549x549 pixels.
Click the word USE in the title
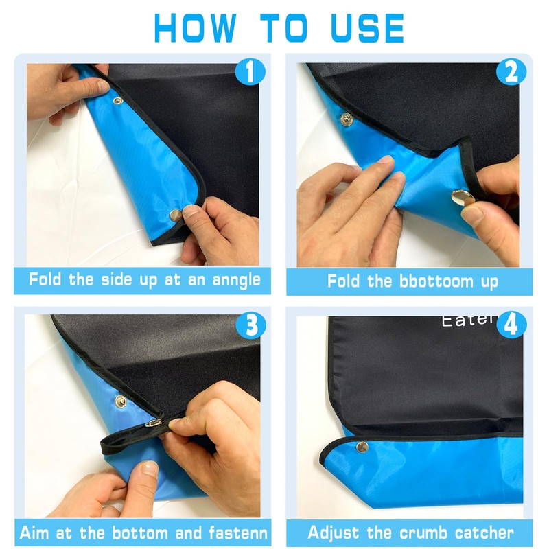click(x=367, y=28)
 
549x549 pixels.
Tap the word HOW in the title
click(x=195, y=28)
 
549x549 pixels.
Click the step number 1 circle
click(x=250, y=72)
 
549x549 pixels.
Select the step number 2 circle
click(x=511, y=72)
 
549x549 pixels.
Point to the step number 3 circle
click(x=251, y=325)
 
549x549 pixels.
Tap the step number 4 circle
click(x=511, y=324)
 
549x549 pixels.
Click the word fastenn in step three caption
click(x=238, y=533)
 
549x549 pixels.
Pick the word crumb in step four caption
click(x=423, y=533)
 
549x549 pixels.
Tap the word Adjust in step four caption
click(x=334, y=533)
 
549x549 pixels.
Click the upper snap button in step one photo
click(x=117, y=101)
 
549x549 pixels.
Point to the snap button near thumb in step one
click(x=175, y=215)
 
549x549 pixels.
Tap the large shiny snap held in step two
click(x=463, y=198)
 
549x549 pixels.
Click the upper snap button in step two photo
click(x=347, y=119)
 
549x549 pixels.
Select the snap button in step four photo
click(x=362, y=447)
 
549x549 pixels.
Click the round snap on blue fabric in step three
click(x=121, y=401)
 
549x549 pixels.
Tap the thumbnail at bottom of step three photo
click(x=150, y=468)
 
